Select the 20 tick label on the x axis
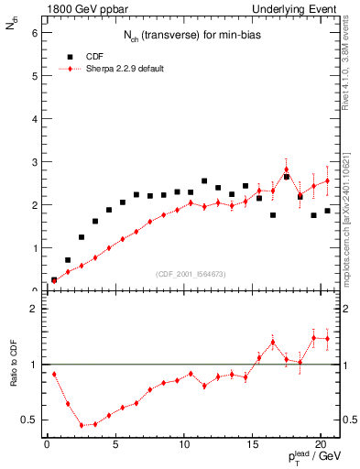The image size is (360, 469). point(321,446)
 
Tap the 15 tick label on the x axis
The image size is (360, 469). point(252,446)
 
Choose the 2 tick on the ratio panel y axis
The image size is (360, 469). point(34,310)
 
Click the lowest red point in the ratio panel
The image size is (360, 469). point(82,425)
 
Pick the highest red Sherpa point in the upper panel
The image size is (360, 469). point(286,169)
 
